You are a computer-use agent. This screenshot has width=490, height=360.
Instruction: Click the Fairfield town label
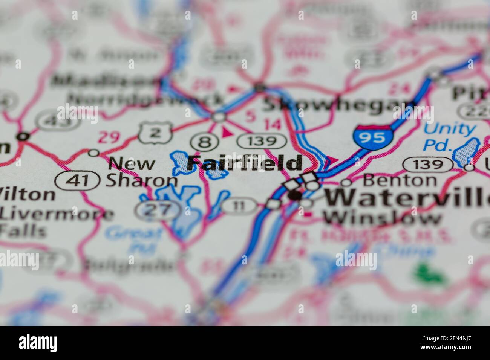point(245,163)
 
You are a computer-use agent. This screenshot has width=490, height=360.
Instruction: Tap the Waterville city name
point(407,198)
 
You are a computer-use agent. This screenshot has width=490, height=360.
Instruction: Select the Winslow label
point(383,218)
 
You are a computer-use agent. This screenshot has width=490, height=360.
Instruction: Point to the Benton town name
point(400,180)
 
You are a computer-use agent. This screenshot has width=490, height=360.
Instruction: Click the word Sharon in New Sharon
point(141,181)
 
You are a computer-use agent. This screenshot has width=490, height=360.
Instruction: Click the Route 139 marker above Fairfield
point(262,142)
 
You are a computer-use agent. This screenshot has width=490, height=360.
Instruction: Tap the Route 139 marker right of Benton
point(427,164)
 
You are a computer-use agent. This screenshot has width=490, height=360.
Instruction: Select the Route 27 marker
point(158,210)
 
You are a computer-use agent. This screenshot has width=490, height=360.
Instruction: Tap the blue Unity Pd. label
point(449,136)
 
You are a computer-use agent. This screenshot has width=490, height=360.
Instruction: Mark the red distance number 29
point(109,138)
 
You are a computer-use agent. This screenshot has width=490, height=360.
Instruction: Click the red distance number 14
point(273,125)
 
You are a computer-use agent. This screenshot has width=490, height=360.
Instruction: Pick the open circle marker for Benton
point(346,183)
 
